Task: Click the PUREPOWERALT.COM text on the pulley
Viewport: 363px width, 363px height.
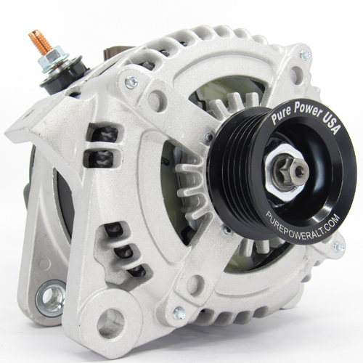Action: pyautogui.click(x=303, y=224)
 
